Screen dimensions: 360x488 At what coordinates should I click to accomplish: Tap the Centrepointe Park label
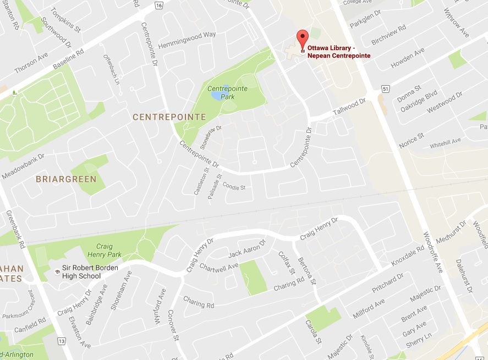pyautogui.click(x=221, y=92)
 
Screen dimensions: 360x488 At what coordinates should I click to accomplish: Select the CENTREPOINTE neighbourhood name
pyautogui.click(x=169, y=117)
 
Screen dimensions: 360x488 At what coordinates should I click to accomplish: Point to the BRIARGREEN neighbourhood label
pyautogui.click(x=66, y=179)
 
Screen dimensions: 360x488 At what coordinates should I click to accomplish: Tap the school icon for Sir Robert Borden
pyautogui.click(x=57, y=272)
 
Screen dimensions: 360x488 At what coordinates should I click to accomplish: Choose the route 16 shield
pyautogui.click(x=159, y=5)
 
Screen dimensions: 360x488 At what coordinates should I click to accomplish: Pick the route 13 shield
pyautogui.click(x=61, y=341)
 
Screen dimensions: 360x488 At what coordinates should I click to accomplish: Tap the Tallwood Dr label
pyautogui.click(x=349, y=108)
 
